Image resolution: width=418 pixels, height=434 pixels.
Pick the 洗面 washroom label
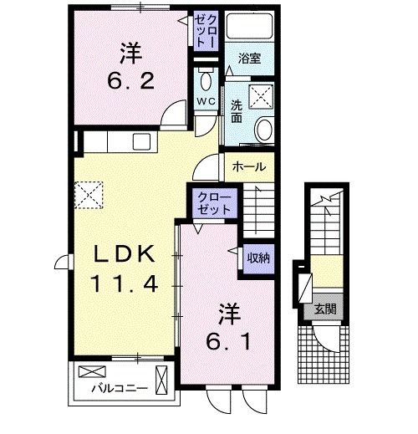coord(237,112)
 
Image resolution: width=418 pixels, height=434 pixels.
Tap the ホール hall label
coord(249,166)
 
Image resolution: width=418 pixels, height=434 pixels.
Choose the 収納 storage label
coord(255,258)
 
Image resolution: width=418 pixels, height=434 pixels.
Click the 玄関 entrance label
coord(324,309)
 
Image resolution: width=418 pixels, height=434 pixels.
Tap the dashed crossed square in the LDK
coord(88,196)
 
